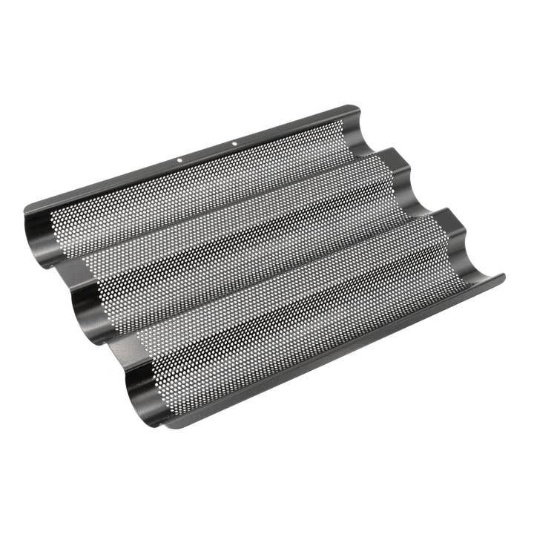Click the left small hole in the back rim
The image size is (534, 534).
click(179, 158)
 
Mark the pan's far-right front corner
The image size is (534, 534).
click(504, 276)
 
